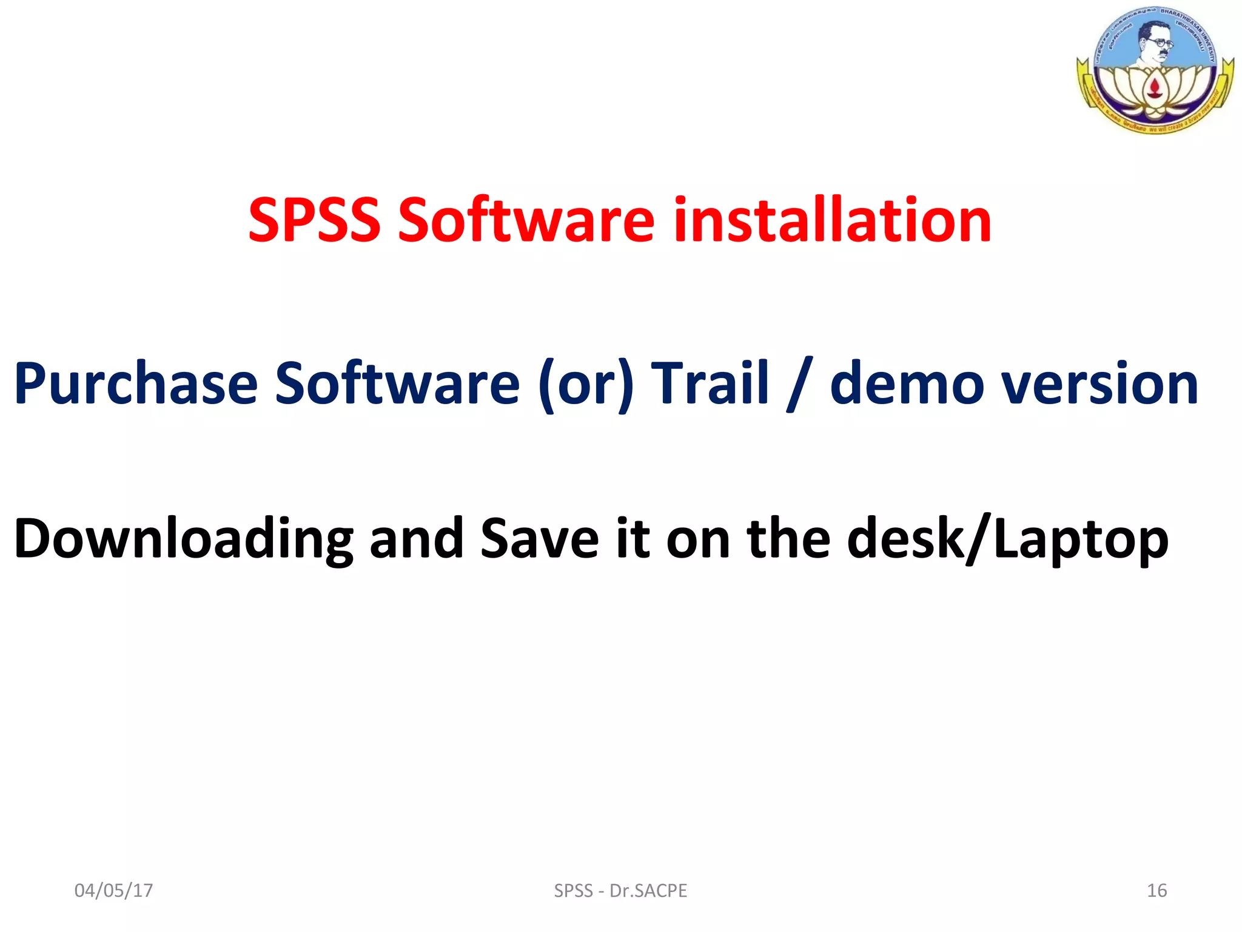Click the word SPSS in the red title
click(x=314, y=220)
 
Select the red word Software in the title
click(x=526, y=220)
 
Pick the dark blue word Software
click(x=397, y=383)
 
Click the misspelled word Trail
click(x=710, y=383)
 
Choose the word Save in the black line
click(x=540, y=539)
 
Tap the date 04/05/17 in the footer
click(x=113, y=891)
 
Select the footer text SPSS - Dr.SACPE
click(x=620, y=891)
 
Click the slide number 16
click(x=1156, y=891)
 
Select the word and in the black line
click(x=417, y=539)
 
